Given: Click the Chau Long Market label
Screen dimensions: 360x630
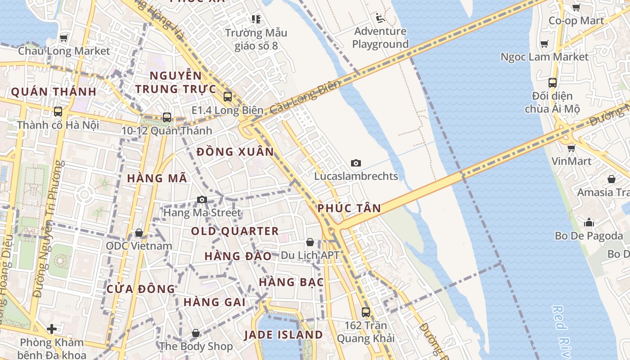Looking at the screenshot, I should click(x=64, y=51).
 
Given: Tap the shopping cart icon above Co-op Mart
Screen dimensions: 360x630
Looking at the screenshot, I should click(x=576, y=7).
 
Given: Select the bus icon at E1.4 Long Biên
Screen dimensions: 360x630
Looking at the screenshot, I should click(x=228, y=96).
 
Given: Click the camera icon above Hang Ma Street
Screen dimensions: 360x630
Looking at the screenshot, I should click(x=202, y=199).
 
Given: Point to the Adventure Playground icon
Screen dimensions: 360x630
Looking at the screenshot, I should click(x=380, y=18).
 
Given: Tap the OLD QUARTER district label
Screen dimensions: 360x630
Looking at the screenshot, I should click(x=235, y=231).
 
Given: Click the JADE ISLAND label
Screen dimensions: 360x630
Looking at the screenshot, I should click(x=283, y=335).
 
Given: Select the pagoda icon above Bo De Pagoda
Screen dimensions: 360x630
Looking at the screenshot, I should click(x=589, y=222).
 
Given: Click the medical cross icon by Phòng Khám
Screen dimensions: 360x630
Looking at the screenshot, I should click(x=52, y=329).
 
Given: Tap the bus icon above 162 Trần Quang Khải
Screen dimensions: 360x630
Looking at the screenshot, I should click(x=366, y=312).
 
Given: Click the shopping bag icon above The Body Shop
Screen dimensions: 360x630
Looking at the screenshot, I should click(x=196, y=333).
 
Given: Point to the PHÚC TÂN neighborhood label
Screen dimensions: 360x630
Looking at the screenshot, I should click(x=349, y=208).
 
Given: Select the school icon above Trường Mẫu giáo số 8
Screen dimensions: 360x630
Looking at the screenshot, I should click(x=256, y=19).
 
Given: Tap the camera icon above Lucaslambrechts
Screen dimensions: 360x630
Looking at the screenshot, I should click(x=356, y=163).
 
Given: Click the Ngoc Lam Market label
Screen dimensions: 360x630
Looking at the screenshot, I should click(x=544, y=57).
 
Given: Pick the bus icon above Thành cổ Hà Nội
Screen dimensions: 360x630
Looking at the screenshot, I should click(x=58, y=112).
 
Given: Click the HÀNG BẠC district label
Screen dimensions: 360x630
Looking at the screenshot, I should click(x=292, y=282).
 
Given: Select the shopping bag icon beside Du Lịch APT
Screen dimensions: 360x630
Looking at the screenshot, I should click(x=310, y=242).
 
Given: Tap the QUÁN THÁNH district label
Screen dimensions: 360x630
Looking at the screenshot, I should click(x=54, y=92).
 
